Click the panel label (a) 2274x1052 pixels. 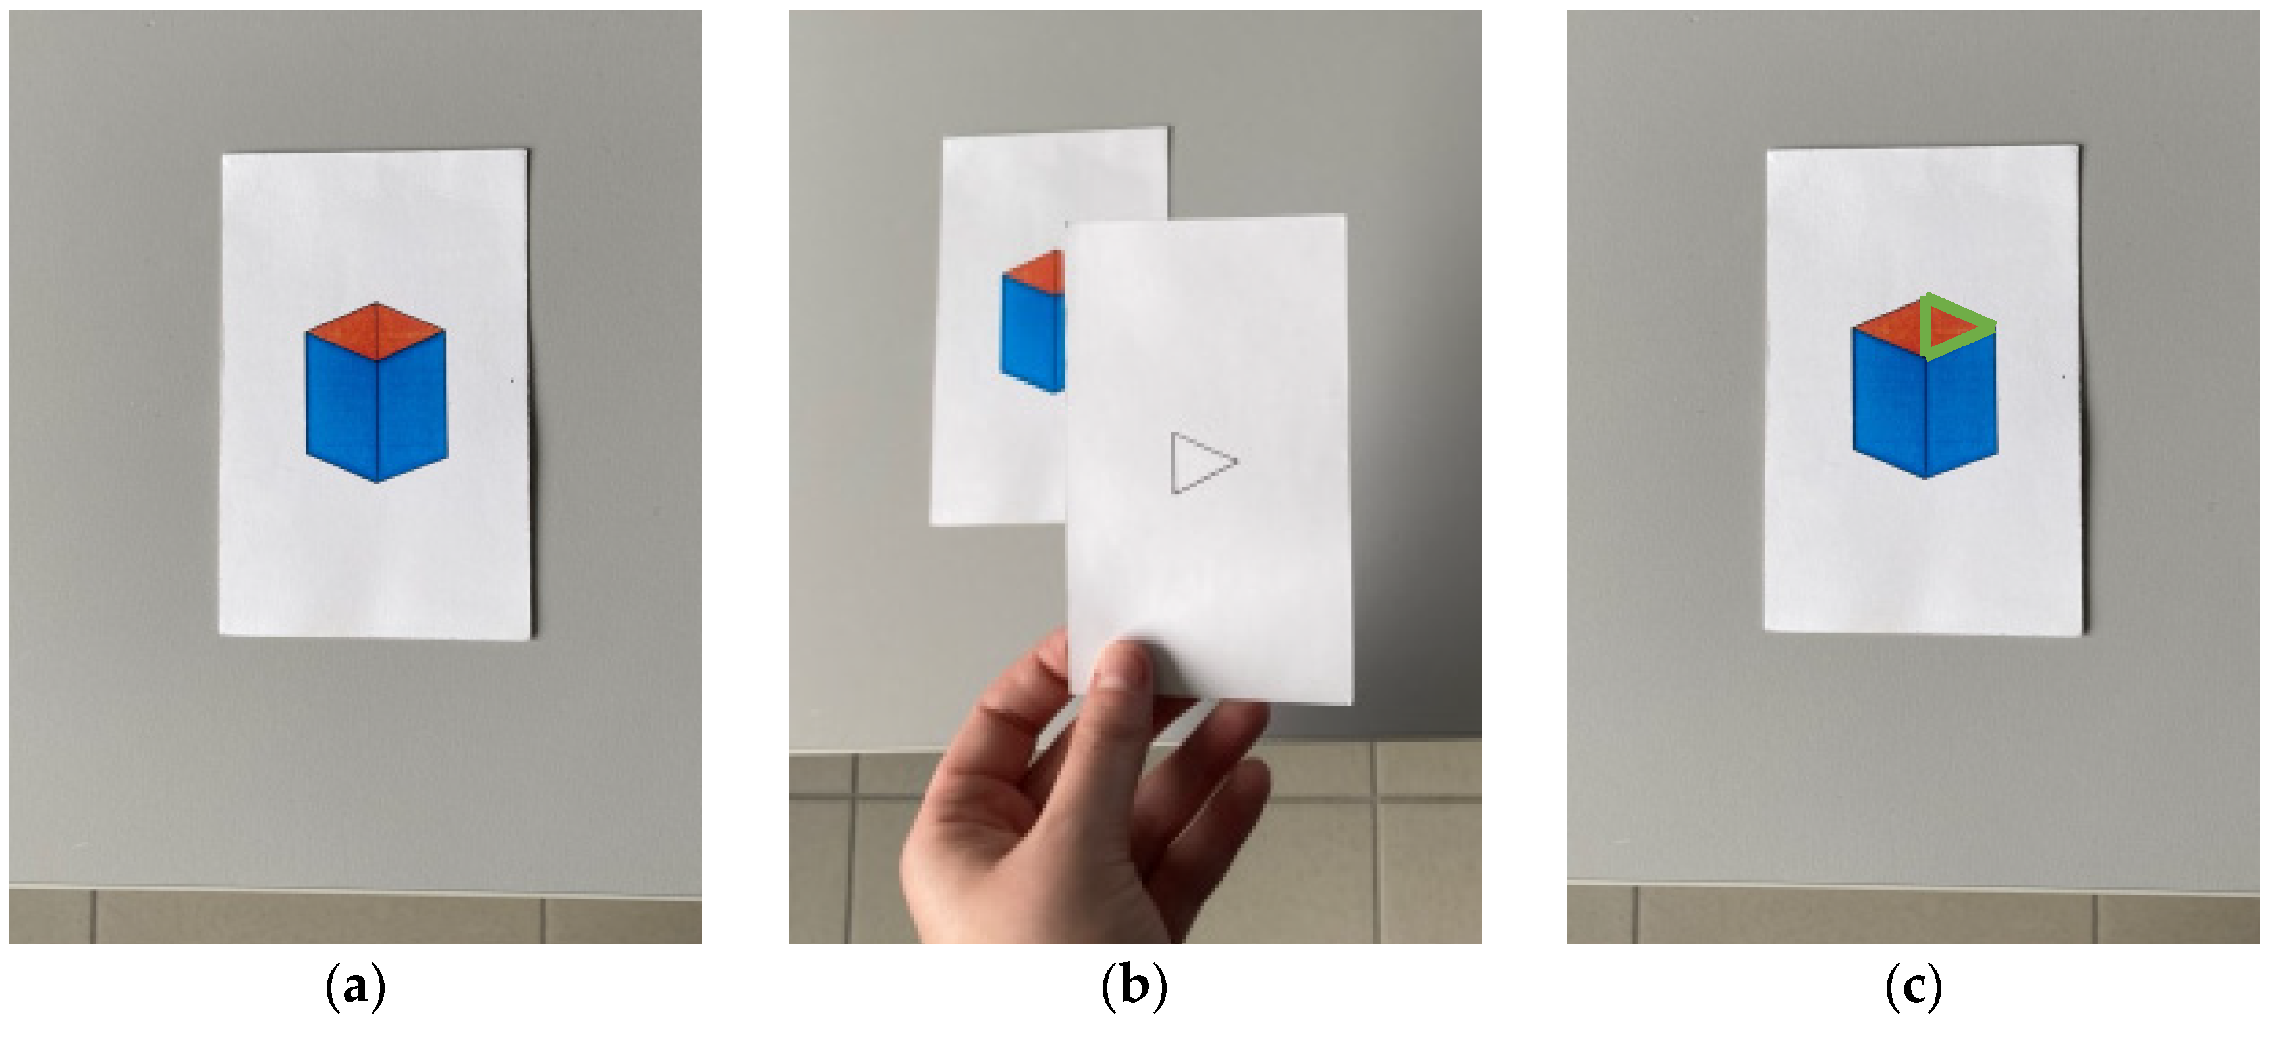point(356,986)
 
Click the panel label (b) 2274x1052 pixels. point(1134,986)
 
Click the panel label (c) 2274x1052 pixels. point(1913,986)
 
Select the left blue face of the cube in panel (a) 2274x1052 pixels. point(342,406)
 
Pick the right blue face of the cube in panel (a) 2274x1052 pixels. point(412,406)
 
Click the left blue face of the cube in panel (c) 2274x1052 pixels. point(1888,402)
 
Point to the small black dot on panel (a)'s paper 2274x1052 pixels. point(513,381)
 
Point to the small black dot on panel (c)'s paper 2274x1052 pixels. point(2063,377)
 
